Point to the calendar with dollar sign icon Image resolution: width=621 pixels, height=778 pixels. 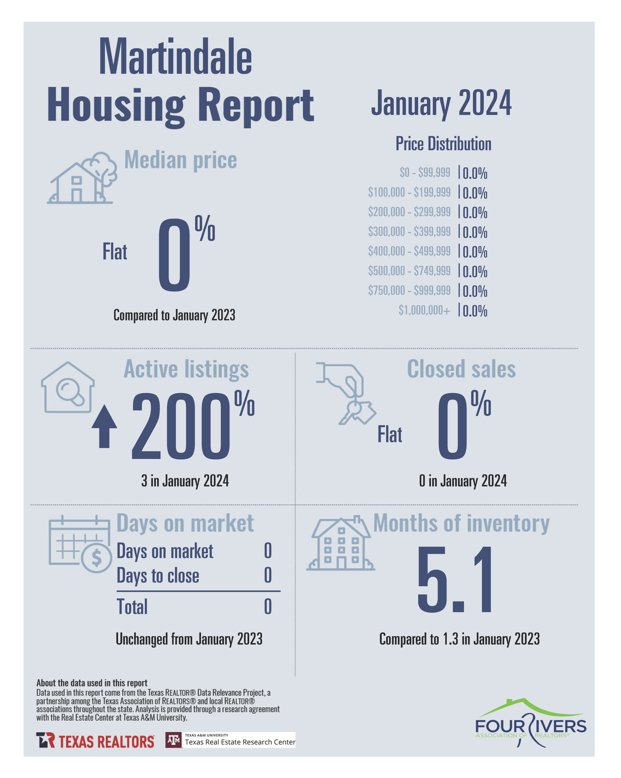[80, 544]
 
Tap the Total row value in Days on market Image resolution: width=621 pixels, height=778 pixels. [267, 607]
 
